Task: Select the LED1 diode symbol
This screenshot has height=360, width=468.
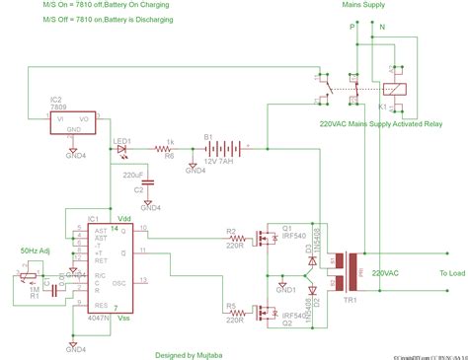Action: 123,148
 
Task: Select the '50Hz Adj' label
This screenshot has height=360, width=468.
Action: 38,252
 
